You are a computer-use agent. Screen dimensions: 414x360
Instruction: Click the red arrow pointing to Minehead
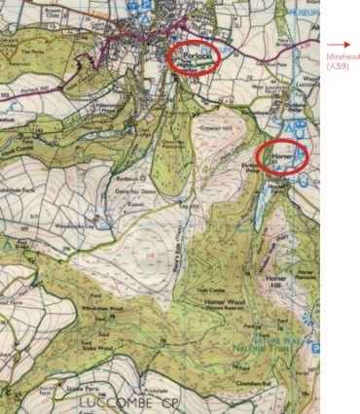[x=338, y=45]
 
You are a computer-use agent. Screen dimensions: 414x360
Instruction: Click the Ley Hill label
[x=190, y=205]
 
